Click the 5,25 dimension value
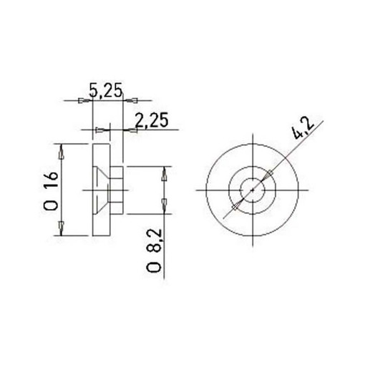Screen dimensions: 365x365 [x=106, y=90]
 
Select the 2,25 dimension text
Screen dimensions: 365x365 [x=152, y=120]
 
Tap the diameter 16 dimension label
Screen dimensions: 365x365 [x=51, y=191]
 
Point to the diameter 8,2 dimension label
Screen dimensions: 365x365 [x=154, y=250]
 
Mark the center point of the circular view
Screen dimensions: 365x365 [x=253, y=190]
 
